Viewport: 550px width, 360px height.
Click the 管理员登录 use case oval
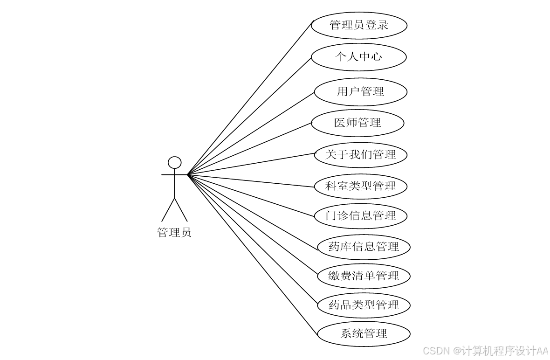pos(359,25)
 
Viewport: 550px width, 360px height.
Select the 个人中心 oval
pos(358,57)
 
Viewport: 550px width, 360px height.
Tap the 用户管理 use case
pos(360,91)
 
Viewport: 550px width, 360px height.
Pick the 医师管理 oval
pos(357,123)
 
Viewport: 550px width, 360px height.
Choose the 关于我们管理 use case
pos(360,155)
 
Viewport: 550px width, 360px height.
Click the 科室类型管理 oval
pos(360,187)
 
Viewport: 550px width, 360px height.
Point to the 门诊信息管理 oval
pos(360,216)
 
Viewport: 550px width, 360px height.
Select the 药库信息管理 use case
pos(363,247)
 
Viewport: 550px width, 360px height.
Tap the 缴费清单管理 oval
pos(363,276)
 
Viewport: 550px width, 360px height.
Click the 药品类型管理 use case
pos(363,305)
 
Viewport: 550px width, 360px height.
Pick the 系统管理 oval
pos(363,334)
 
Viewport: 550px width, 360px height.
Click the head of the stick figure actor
pos(174,162)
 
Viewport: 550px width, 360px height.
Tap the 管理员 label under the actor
pos(174,232)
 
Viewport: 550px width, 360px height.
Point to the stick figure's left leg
pos(168,209)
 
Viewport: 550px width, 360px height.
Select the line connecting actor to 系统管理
pos(252,254)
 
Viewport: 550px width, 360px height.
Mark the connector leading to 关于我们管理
pos(252,164)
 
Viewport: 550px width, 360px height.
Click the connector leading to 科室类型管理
pos(252,181)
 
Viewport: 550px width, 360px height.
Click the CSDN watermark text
pos(484,350)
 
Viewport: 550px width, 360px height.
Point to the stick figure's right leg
pos(181,209)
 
